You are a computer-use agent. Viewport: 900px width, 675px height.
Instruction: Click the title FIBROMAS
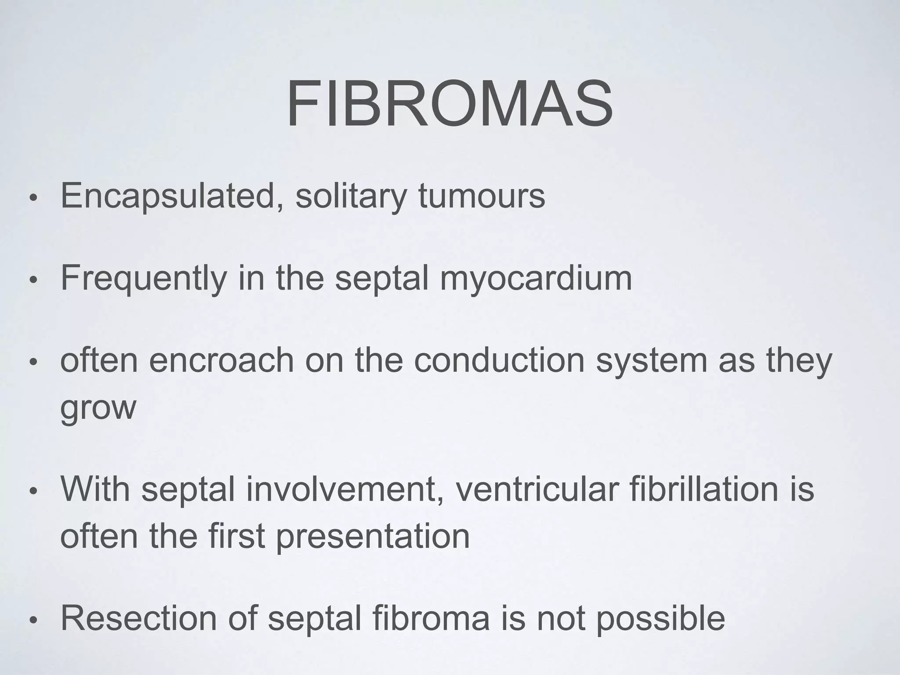click(450, 105)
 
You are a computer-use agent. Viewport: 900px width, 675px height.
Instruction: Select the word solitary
click(351, 196)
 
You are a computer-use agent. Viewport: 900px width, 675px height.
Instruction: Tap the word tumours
click(482, 196)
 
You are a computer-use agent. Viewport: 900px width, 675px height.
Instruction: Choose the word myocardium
click(536, 279)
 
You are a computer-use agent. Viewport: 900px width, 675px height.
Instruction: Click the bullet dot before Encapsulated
click(33, 198)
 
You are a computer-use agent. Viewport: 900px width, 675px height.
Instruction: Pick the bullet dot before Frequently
click(33, 280)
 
